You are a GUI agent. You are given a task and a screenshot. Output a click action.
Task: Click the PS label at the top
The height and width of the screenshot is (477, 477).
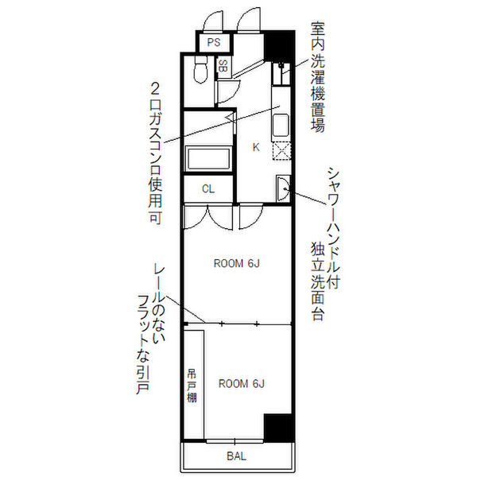pos(214,43)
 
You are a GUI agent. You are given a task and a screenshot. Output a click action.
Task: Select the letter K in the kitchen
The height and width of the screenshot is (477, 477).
pos(256,146)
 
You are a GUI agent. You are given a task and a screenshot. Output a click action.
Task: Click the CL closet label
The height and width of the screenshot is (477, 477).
pos(208,188)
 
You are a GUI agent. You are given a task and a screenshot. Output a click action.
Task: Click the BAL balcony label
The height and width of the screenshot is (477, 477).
pos(236,456)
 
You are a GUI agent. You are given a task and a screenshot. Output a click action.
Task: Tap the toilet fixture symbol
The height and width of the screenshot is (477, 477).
pos(200,72)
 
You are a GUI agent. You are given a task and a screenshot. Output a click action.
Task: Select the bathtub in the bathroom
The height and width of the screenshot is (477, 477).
pos(208,157)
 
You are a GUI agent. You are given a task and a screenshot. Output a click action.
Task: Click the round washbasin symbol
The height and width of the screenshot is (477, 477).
pos(283,188)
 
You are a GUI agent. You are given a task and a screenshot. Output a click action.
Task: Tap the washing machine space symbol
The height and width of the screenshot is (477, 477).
pos(281,75)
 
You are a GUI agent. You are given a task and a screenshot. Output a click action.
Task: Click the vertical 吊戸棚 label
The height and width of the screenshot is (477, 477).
pos(192,385)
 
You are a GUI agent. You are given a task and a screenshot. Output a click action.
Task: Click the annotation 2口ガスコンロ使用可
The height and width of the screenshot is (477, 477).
pos(157,151)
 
